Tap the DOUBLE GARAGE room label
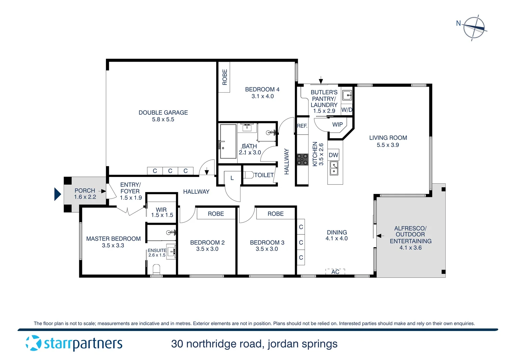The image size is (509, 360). (163, 113)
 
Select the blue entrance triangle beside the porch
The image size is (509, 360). (58, 194)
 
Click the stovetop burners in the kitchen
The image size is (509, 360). (302, 159)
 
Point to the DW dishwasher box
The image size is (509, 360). (333, 155)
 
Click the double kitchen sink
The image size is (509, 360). (334, 168)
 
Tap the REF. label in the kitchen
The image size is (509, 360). (302, 126)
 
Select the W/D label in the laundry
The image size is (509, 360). (347, 110)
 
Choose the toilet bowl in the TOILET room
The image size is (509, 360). (248, 175)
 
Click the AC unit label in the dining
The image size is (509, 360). (335, 272)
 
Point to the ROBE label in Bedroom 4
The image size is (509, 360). (225, 77)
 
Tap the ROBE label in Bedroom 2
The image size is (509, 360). (216, 214)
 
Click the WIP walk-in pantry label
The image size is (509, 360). (337, 125)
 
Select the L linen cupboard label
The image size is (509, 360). (232, 178)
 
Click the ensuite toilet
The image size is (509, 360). (156, 269)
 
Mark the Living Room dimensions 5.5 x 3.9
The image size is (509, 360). (388, 145)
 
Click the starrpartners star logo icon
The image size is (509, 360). (33, 343)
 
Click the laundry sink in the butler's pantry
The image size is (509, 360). (347, 95)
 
